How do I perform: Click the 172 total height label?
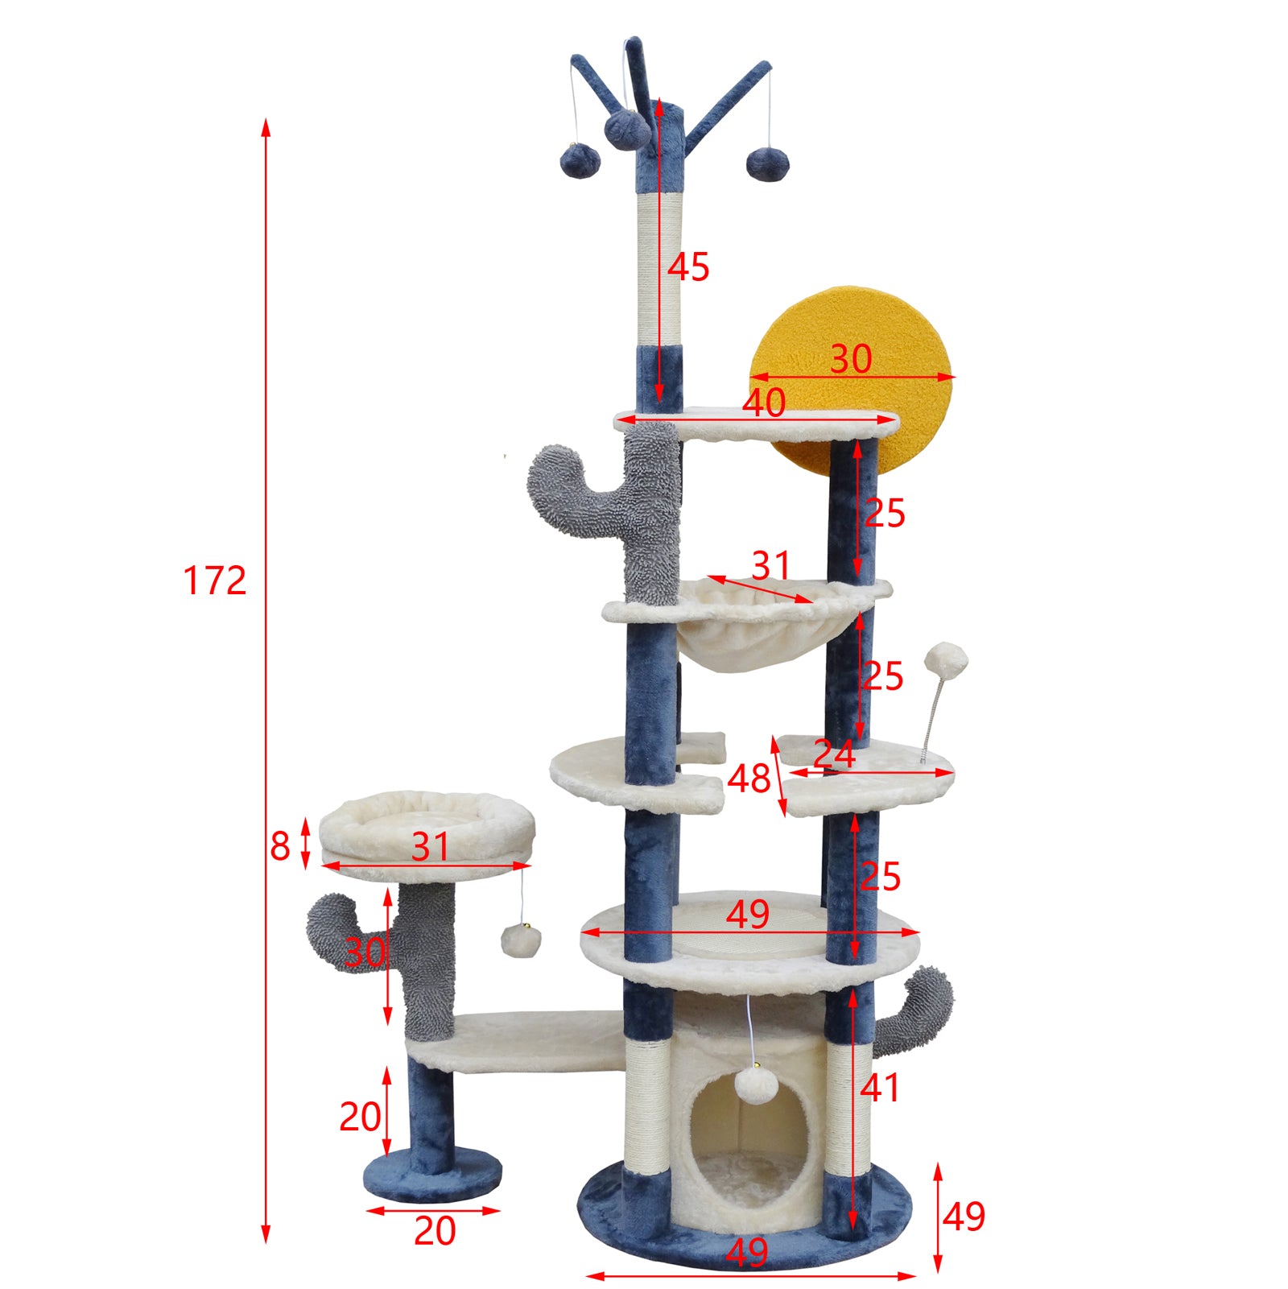pyautogui.click(x=215, y=580)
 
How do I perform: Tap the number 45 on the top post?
pyautogui.click(x=688, y=267)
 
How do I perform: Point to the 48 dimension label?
pyautogui.click(x=749, y=779)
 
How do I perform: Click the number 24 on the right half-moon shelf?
pyautogui.click(x=833, y=755)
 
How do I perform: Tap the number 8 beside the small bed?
pyautogui.click(x=279, y=846)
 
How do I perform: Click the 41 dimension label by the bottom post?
pyautogui.click(x=880, y=1088)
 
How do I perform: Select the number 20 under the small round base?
pyautogui.click(x=435, y=1231)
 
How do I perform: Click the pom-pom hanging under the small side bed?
pyautogui.click(x=520, y=940)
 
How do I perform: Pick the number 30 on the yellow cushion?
pyautogui.click(x=851, y=359)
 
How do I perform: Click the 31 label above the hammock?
pyautogui.click(x=770, y=565)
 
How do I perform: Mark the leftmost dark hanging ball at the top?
pyautogui.click(x=580, y=161)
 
